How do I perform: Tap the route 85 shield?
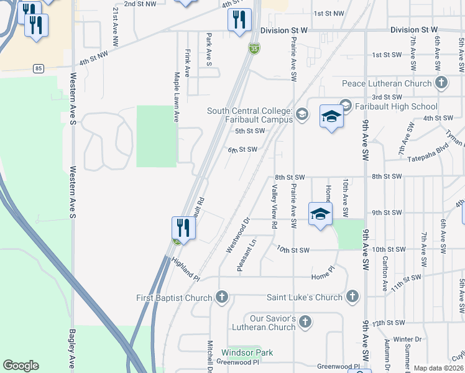click(x=39, y=68)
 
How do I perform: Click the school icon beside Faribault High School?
click(x=331, y=116)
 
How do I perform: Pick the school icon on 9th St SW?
click(x=320, y=214)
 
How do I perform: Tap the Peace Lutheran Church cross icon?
click(x=441, y=83)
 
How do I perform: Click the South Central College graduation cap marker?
click(x=302, y=113)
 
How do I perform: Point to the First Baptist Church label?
click(x=174, y=298)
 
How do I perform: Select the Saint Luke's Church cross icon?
click(x=352, y=297)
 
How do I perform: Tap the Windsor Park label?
click(x=247, y=352)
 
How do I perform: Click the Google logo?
click(x=21, y=366)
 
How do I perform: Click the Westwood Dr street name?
click(x=237, y=235)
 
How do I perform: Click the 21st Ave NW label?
click(x=115, y=27)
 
